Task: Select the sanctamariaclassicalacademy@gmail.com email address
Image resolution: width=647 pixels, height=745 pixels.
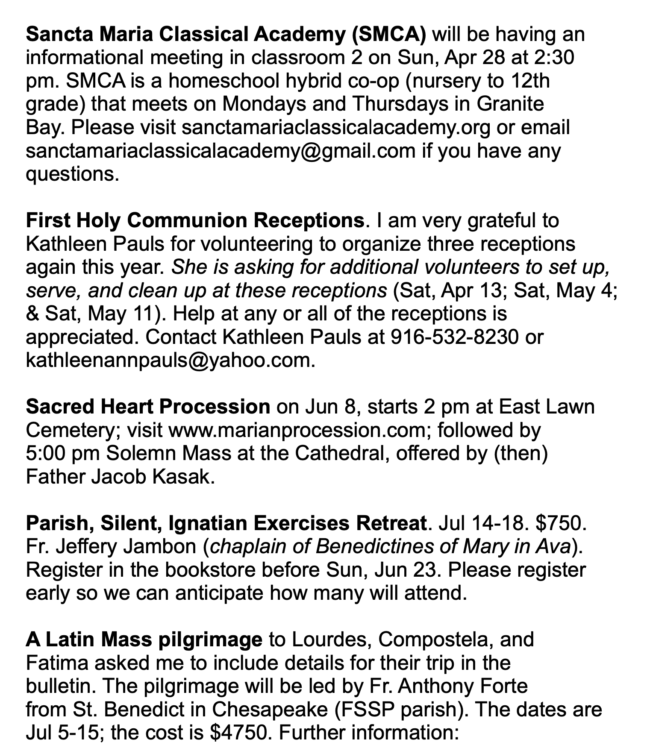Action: [x=221, y=151]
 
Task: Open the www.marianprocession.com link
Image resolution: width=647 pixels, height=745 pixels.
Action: [x=296, y=430]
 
